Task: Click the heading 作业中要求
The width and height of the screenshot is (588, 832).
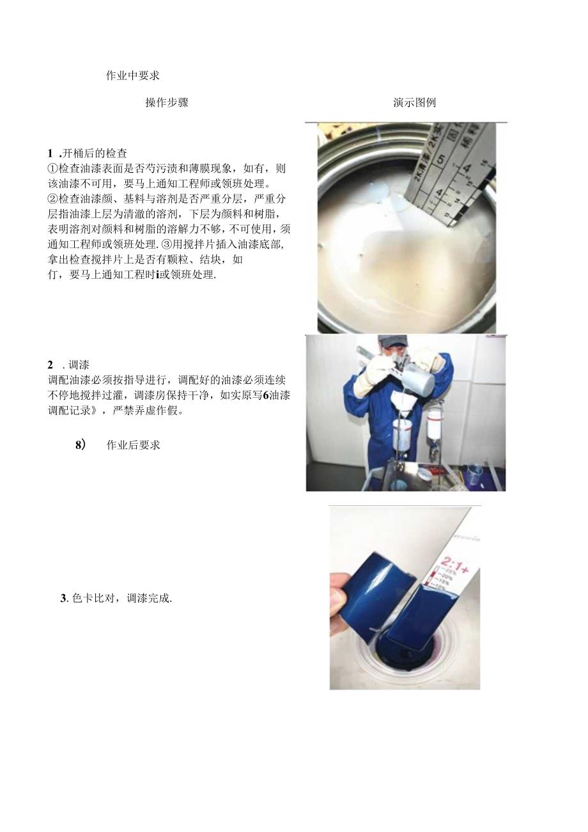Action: click(x=132, y=75)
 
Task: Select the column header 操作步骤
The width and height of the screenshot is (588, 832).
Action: click(x=167, y=102)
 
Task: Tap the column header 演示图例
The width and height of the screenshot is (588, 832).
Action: click(x=415, y=102)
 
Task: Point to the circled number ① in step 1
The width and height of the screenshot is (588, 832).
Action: click(x=52, y=169)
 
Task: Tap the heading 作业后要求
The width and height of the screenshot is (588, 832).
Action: click(x=133, y=445)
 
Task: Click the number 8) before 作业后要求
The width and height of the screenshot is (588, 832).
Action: click(x=81, y=445)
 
